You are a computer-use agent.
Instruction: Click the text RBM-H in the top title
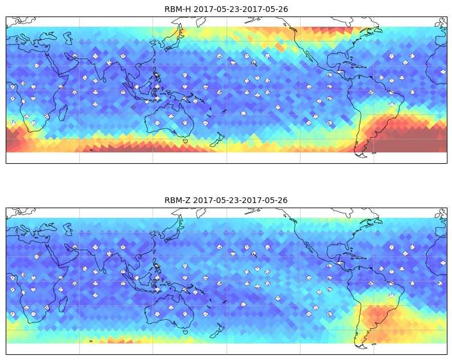pyautogui.click(x=178, y=9)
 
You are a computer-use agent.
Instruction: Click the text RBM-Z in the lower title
pyautogui.click(x=178, y=200)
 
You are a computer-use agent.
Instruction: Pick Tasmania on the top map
pyautogui.click(x=186, y=141)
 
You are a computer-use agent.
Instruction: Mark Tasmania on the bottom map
pyautogui.click(x=186, y=332)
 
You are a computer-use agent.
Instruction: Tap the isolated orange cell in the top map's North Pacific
pyautogui.click(x=280, y=48)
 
